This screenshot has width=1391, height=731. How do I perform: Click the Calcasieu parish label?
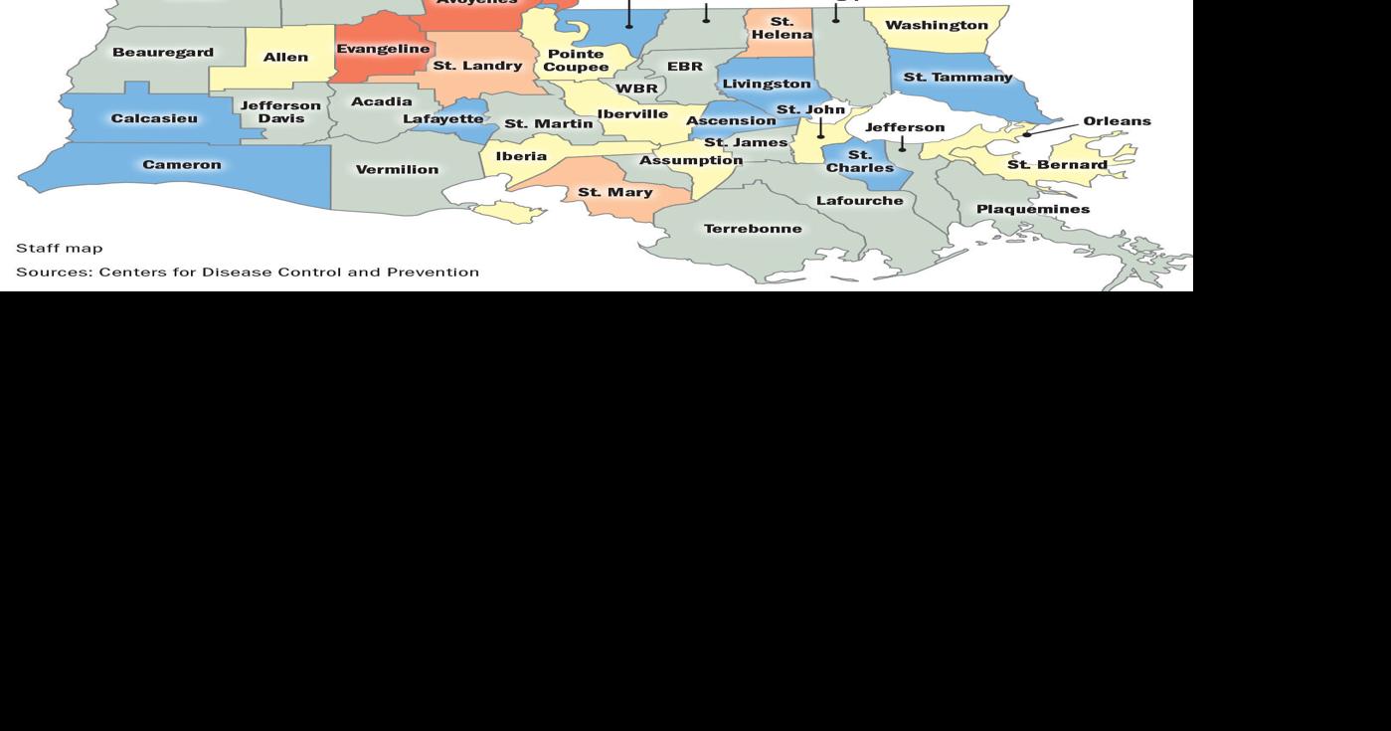(x=154, y=118)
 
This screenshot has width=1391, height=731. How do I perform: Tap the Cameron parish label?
(x=182, y=165)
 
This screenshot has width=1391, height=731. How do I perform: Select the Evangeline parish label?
(x=383, y=49)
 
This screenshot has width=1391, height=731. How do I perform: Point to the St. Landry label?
(x=477, y=66)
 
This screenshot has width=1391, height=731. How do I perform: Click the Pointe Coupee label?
(x=576, y=61)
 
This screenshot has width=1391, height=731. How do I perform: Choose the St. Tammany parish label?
(x=957, y=77)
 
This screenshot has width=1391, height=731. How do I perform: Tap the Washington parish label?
(x=936, y=25)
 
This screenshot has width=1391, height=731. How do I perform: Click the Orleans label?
(x=1117, y=121)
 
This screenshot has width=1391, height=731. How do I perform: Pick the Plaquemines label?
(x=1032, y=209)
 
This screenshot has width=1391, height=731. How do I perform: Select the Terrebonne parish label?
(x=753, y=229)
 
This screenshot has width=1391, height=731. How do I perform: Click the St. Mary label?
(x=615, y=192)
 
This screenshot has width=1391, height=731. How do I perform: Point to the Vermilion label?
(x=397, y=170)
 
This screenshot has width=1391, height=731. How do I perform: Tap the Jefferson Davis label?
(x=280, y=112)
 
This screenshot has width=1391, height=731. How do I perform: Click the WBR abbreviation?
(x=636, y=89)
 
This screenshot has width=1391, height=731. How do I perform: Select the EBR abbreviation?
(x=684, y=67)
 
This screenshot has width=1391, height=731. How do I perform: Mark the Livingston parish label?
(x=767, y=85)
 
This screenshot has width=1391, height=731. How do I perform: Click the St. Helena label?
(x=782, y=28)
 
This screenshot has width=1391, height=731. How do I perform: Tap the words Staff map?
(x=59, y=248)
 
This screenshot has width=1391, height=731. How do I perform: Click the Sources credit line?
(x=247, y=272)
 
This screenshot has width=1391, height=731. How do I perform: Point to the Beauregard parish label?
(x=162, y=52)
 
